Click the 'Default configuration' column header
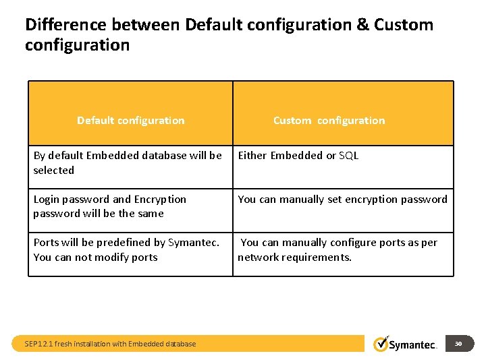(130, 121)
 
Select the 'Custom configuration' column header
(329, 121)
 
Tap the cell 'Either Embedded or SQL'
(298, 156)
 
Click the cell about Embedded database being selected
(128, 162)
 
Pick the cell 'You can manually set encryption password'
(342, 200)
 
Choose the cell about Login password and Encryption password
(109, 206)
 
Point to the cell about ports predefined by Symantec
(126, 249)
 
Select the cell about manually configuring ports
(337, 249)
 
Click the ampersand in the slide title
(362, 26)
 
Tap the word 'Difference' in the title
(66, 26)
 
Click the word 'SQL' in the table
(348, 156)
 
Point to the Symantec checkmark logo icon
(381, 343)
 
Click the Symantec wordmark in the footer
(414, 345)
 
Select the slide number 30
(458, 344)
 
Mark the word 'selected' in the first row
(54, 171)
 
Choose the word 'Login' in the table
(47, 200)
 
